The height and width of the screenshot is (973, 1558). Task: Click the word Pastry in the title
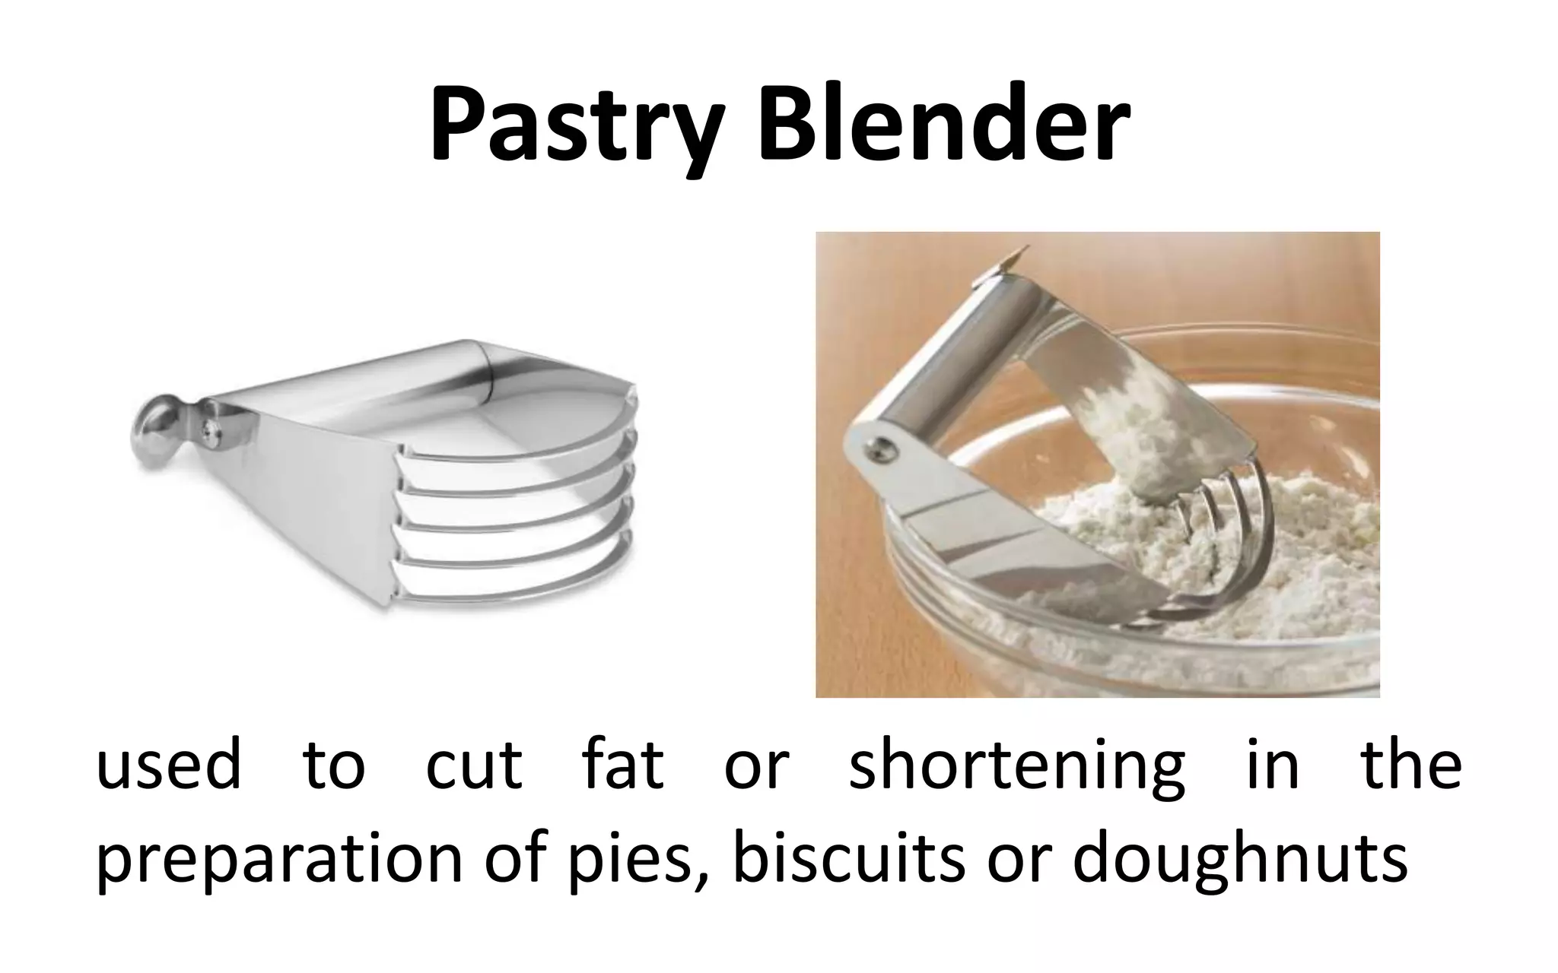tap(575, 126)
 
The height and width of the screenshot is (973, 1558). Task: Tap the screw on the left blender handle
tap(208, 432)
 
